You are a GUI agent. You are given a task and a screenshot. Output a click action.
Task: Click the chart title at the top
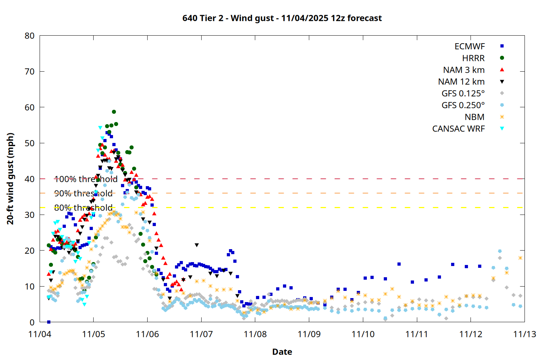(x=282, y=18)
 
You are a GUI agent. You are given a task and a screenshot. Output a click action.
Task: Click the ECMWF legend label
(x=469, y=46)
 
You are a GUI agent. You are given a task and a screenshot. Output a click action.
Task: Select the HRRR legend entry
(x=473, y=58)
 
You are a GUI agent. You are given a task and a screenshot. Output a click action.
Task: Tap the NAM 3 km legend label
(x=464, y=70)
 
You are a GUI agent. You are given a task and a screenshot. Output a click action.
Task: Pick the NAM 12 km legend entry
(x=461, y=82)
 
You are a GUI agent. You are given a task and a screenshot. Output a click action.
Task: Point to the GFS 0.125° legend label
(x=463, y=94)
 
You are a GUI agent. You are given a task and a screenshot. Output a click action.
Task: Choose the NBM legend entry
(x=474, y=117)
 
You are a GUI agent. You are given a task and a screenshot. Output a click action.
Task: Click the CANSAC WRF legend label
(x=458, y=129)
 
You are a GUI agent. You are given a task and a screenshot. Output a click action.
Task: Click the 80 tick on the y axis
(x=30, y=36)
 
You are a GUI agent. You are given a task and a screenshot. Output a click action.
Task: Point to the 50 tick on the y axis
(x=30, y=143)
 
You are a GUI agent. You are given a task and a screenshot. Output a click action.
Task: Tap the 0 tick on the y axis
(x=32, y=322)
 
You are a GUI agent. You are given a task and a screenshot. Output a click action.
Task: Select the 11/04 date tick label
(x=40, y=334)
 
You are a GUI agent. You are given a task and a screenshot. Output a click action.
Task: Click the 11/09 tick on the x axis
(x=309, y=334)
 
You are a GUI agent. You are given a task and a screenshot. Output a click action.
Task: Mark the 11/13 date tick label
(x=525, y=334)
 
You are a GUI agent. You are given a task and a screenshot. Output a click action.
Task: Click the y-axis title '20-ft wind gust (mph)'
(x=10, y=179)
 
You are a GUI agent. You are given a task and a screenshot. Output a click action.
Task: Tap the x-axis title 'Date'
(x=282, y=352)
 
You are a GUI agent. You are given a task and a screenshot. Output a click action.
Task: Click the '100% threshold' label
(x=86, y=179)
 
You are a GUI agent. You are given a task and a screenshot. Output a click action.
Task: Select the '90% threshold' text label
(x=83, y=193)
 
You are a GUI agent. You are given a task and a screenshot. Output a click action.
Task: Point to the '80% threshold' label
(x=83, y=208)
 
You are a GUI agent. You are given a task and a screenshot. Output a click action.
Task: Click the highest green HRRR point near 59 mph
(x=114, y=112)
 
